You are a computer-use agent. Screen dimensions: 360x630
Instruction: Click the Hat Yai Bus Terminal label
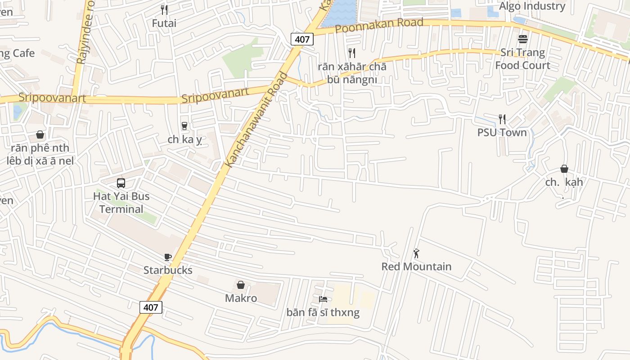(x=121, y=202)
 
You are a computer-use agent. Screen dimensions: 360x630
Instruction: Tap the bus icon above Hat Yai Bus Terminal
(x=121, y=183)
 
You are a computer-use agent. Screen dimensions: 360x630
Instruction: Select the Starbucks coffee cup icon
(x=167, y=257)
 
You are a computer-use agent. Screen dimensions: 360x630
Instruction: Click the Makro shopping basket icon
(x=241, y=285)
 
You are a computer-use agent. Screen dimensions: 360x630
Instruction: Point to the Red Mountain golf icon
(x=416, y=253)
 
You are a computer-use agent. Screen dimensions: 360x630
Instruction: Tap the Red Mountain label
(x=416, y=266)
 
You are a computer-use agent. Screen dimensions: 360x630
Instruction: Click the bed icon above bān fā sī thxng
(x=323, y=299)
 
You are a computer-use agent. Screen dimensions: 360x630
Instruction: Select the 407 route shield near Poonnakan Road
(x=302, y=39)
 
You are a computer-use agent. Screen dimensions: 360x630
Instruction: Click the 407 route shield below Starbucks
(x=151, y=307)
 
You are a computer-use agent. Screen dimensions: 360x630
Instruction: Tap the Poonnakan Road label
(x=379, y=26)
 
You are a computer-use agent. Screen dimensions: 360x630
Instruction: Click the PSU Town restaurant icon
(x=502, y=119)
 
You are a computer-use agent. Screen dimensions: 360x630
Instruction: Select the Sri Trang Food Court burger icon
(x=523, y=39)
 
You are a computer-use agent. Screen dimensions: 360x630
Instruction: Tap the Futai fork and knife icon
(x=164, y=9)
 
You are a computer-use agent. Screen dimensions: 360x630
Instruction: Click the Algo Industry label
(x=532, y=6)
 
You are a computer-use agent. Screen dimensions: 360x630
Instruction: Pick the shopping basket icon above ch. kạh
(x=564, y=169)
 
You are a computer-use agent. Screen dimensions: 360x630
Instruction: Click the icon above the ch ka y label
(x=184, y=126)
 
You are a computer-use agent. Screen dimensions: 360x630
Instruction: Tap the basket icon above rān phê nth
(x=40, y=135)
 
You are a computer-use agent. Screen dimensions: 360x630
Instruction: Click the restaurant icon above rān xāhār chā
(x=352, y=53)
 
